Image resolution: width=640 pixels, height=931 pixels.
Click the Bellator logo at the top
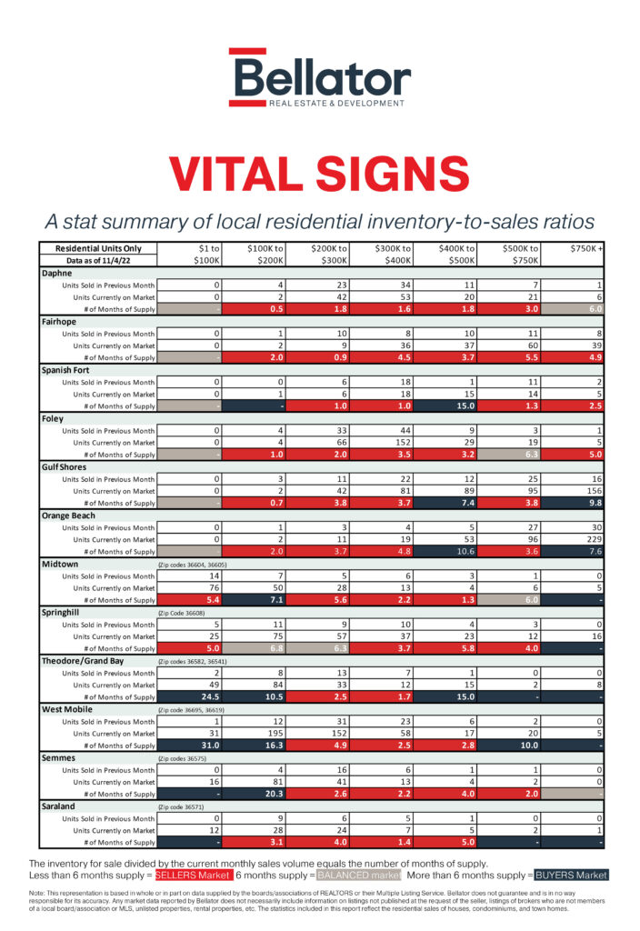click(320, 76)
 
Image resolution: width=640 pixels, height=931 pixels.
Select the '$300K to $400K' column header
click(394, 254)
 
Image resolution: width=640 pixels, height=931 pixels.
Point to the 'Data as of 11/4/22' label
click(98, 260)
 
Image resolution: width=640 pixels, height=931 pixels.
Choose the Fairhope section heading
click(61, 321)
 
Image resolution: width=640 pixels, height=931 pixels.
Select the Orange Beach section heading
click(69, 516)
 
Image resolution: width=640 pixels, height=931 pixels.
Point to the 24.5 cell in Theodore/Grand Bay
click(192, 697)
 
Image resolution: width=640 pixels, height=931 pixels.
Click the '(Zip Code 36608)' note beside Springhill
click(182, 614)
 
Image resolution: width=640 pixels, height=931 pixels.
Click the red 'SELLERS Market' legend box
click(193, 875)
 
